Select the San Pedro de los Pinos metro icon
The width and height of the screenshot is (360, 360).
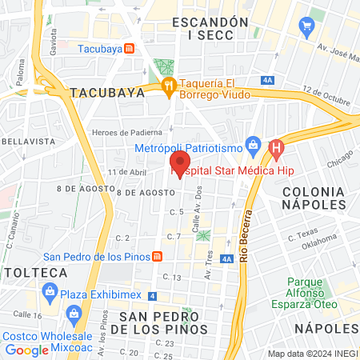click(158, 257)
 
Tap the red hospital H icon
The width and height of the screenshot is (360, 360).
click(277, 147)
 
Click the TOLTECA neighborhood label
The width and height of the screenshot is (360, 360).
click(34, 273)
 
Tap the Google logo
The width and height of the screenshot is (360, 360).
click(26, 350)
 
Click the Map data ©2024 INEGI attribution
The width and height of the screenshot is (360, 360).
click(312, 354)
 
